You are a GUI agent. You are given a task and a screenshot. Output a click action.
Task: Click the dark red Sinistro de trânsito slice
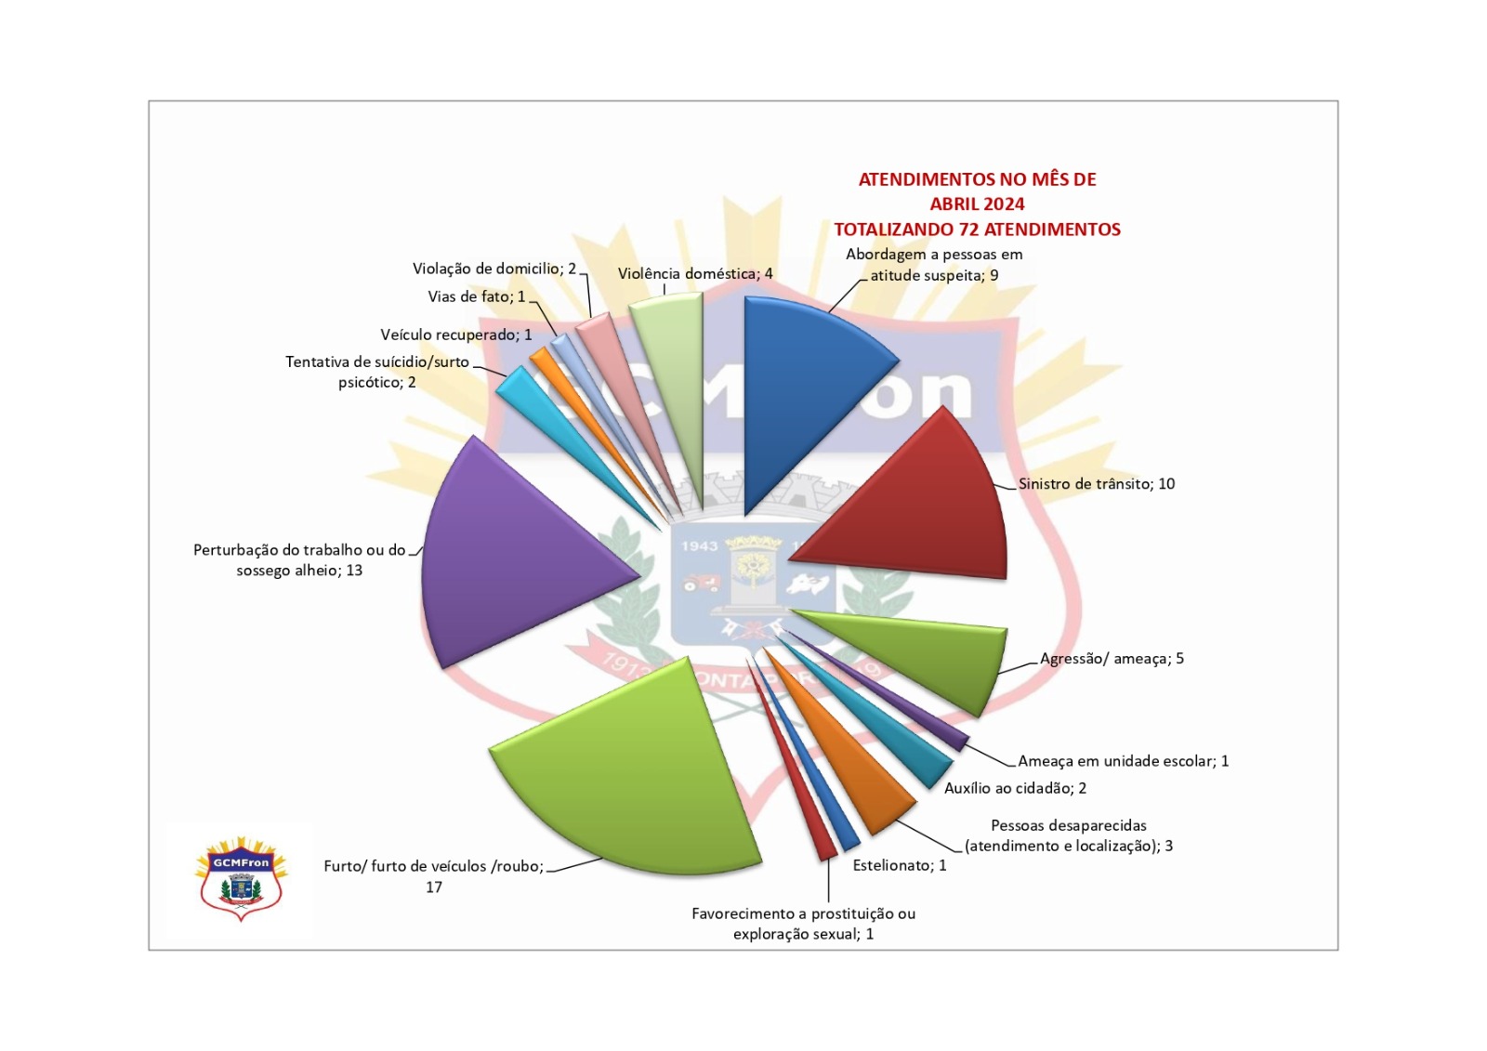point(929,511)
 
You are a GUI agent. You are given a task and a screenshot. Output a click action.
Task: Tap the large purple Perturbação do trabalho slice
point(505,558)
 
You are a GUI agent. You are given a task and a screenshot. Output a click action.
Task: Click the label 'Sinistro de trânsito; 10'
point(1097,483)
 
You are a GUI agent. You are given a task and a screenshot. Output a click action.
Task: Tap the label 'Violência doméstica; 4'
point(695,273)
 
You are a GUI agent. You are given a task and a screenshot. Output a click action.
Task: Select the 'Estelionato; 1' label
point(900,865)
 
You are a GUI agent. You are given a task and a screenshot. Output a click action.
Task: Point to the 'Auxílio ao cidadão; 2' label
point(1015,788)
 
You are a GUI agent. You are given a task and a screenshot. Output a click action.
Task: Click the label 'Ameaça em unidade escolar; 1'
point(1124,761)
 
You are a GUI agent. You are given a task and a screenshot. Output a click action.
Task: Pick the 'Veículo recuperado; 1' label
point(456,335)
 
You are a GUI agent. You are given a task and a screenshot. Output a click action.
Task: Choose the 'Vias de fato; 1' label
point(477,296)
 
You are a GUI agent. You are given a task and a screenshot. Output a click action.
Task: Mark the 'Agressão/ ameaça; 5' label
point(1112,659)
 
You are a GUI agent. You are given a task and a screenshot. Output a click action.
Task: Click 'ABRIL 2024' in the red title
point(977,204)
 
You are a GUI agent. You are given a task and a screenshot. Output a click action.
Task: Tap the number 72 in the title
point(968,229)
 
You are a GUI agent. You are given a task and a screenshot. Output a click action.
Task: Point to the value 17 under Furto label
point(433,887)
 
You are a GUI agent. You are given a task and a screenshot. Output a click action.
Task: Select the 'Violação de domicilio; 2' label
point(494,269)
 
